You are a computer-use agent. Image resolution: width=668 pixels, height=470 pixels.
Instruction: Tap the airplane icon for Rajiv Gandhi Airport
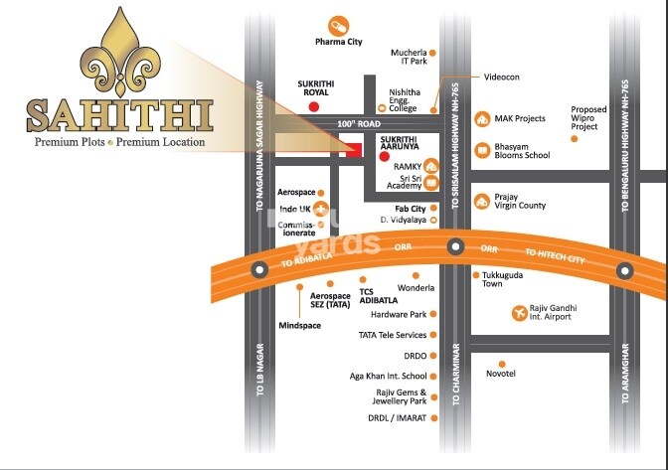(x=518, y=314)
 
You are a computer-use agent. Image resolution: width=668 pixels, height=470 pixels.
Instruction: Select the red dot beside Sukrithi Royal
(x=314, y=105)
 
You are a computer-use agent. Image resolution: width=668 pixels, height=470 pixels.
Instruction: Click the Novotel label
(x=500, y=374)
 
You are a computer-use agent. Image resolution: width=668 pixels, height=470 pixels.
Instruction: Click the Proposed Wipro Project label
(x=588, y=118)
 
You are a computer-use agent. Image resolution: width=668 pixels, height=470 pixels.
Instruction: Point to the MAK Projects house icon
(x=482, y=119)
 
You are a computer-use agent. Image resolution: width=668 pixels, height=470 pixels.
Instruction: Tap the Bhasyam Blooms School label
(x=522, y=150)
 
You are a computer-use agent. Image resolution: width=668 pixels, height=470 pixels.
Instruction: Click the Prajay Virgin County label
(x=520, y=202)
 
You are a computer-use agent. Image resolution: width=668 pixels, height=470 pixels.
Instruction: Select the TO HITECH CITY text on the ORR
(x=559, y=255)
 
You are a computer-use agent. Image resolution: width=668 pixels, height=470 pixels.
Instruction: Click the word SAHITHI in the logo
(x=120, y=116)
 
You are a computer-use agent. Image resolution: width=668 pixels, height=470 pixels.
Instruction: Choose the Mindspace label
(x=299, y=325)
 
